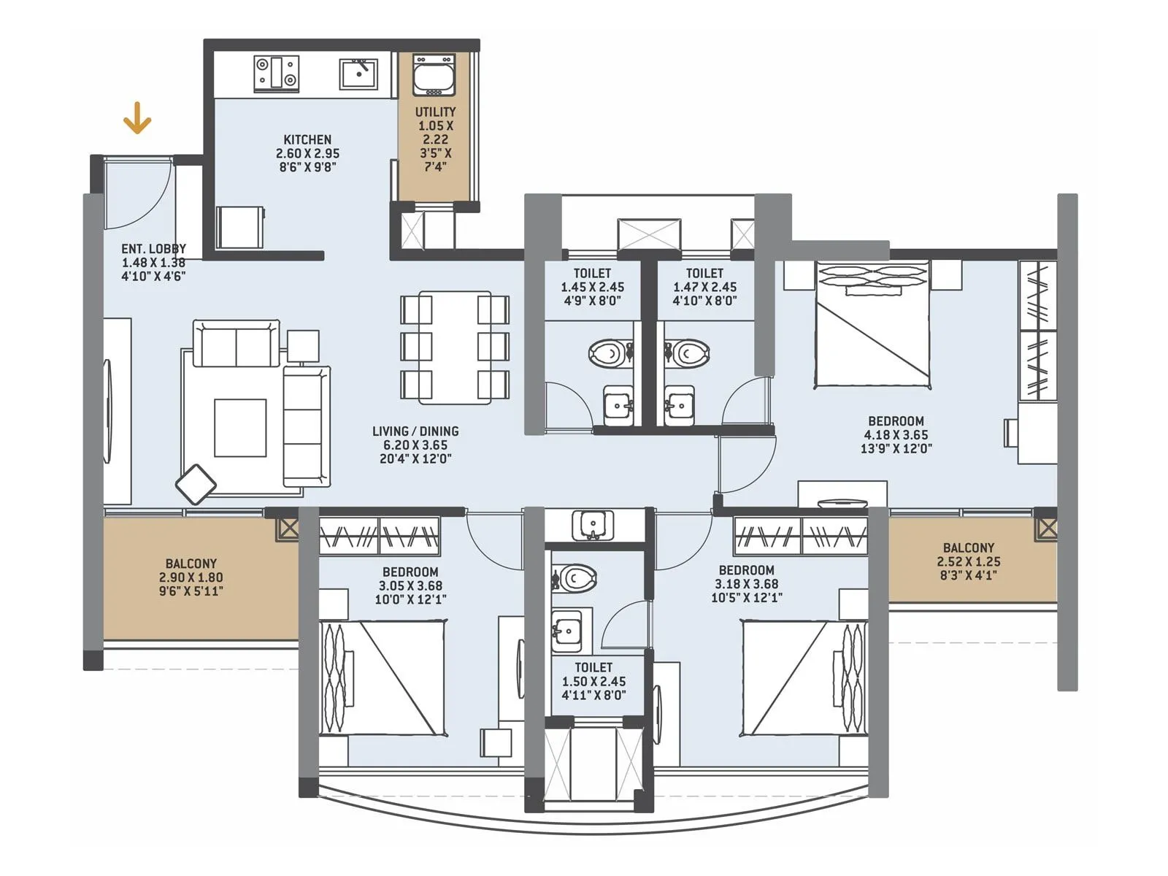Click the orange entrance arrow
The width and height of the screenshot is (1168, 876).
(137, 118)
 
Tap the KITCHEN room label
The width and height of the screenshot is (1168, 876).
(307, 139)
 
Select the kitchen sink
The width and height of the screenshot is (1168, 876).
(358, 74)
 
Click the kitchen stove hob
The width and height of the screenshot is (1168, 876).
(277, 74)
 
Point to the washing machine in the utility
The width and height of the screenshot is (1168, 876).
(434, 74)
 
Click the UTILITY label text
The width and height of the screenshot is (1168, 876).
(435, 112)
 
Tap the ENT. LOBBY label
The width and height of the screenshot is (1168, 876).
(153, 249)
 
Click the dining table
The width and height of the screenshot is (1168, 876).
(454, 347)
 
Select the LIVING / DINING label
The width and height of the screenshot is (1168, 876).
(415, 431)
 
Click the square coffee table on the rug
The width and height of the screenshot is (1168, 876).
(240, 428)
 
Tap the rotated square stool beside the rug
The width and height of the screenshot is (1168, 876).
(196, 484)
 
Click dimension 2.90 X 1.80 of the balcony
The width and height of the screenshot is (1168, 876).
(191, 577)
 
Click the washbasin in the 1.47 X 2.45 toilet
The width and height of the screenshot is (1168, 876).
(680, 404)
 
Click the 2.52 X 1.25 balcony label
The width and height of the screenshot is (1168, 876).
(968, 561)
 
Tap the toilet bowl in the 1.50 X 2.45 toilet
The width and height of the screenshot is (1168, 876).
(576, 578)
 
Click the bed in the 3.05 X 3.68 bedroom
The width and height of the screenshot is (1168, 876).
(383, 677)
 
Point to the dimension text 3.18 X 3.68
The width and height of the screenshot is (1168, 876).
(746, 584)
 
